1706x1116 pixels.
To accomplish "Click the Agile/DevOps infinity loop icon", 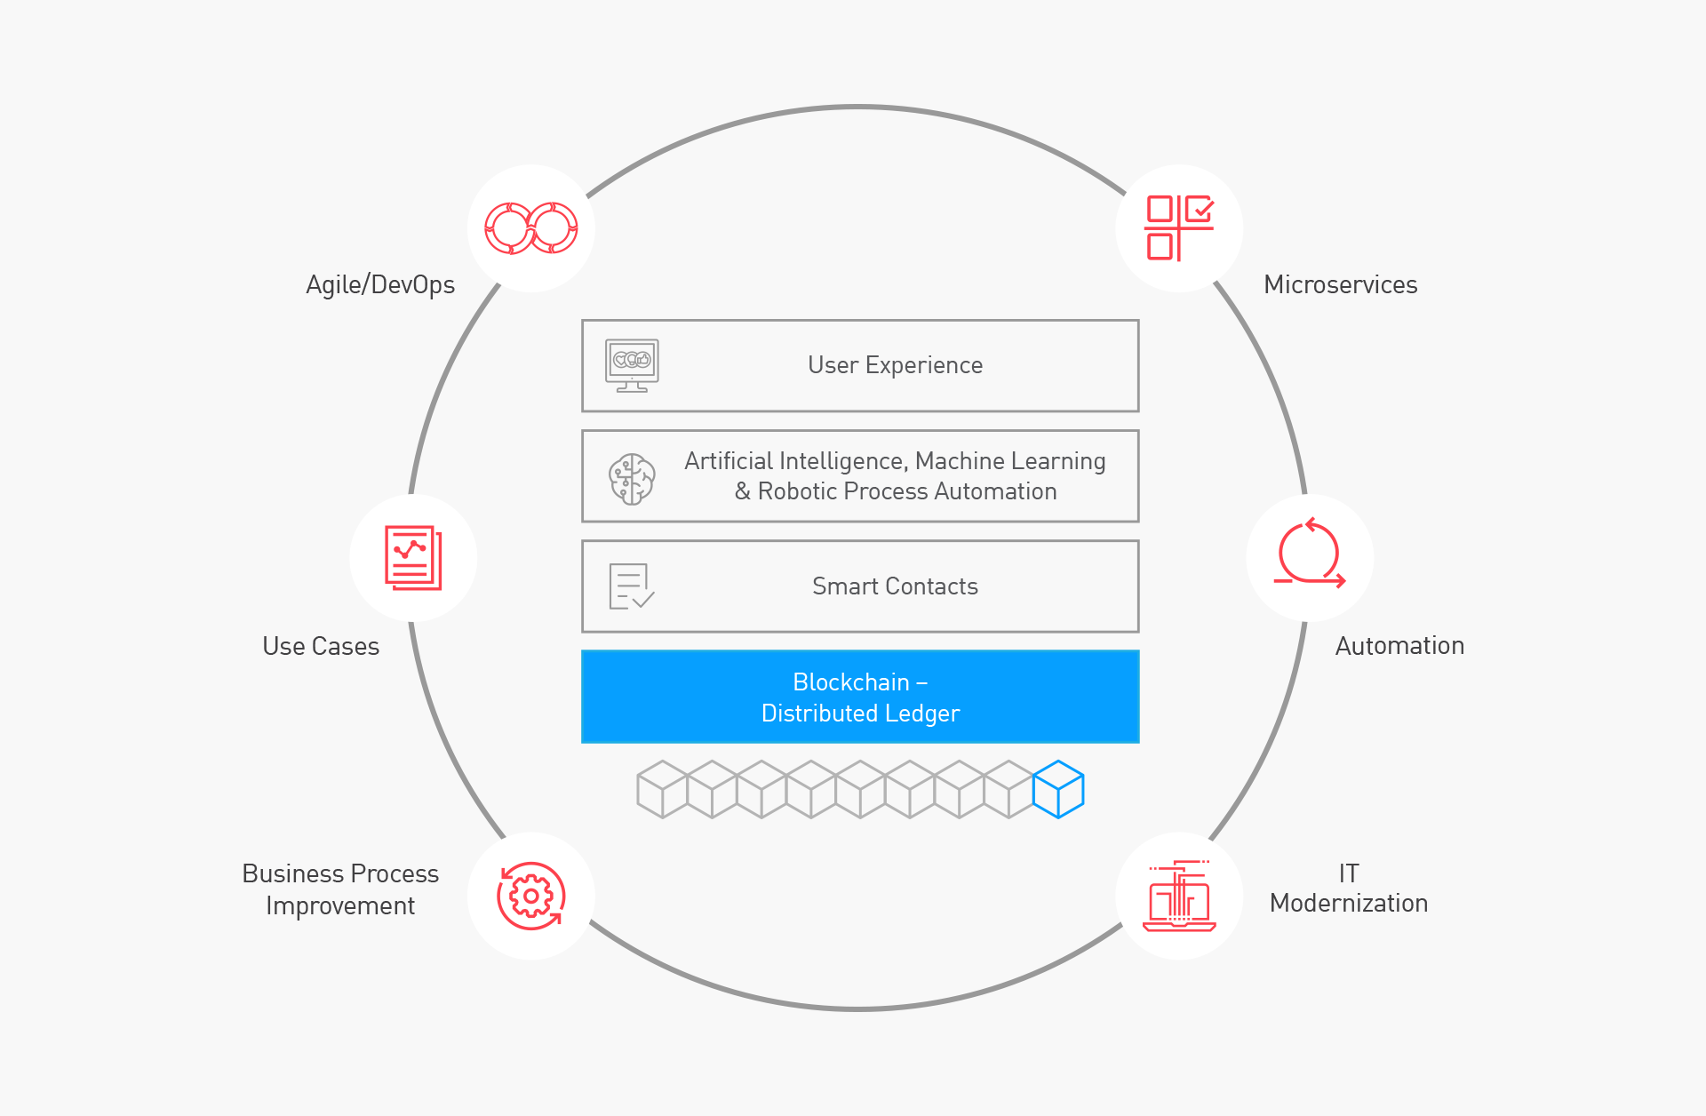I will (531, 228).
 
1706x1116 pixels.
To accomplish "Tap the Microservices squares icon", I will (1179, 228).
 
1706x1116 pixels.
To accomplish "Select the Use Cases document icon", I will (413, 558).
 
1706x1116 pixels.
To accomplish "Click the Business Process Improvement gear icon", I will (531, 896).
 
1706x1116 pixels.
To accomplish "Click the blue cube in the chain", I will (1058, 789).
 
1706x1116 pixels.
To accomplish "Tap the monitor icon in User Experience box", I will (632, 365).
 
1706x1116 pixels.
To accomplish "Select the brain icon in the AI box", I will (632, 479).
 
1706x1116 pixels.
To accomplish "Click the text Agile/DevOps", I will (380, 284).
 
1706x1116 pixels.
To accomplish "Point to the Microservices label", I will (1340, 284).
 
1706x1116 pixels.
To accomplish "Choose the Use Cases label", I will (321, 646).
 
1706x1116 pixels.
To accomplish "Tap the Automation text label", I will (1399, 646).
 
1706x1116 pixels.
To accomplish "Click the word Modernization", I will (1349, 904).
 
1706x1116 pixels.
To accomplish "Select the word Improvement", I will (340, 905).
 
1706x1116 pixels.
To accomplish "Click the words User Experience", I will (895, 365).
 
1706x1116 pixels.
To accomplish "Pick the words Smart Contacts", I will (895, 586).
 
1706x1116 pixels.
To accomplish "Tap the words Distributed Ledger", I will (860, 713).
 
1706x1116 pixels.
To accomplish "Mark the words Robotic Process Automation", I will (907, 491).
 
